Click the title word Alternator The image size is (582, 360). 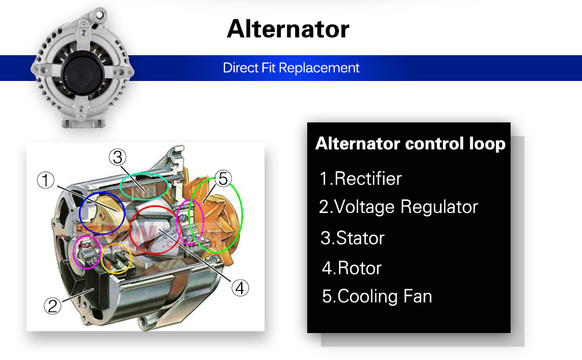[x=288, y=29]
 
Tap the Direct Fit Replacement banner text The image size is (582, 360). [x=291, y=68]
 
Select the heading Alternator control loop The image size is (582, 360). [x=410, y=144]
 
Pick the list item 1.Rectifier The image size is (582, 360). [x=361, y=179]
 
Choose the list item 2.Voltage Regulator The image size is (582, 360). [x=398, y=207]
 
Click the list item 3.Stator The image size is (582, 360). [x=353, y=238]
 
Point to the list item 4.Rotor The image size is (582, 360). [x=352, y=268]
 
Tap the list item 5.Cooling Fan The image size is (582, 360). [x=377, y=296]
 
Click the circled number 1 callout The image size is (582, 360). [x=46, y=180]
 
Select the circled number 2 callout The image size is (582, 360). [x=52, y=306]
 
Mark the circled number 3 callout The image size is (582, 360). [x=118, y=157]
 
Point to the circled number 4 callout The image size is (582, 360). [x=240, y=288]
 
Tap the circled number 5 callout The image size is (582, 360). [x=223, y=178]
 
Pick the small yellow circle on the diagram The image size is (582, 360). [x=116, y=259]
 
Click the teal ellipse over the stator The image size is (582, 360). [x=144, y=186]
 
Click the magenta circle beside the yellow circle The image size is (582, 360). [x=86, y=252]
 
